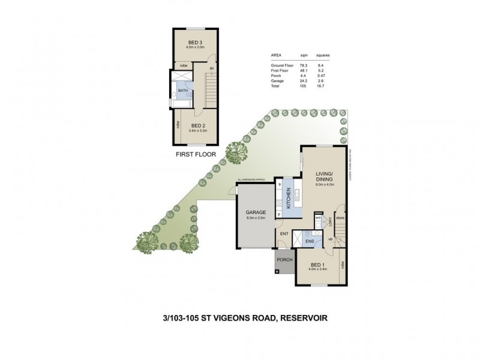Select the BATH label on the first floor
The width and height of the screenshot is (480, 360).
pyautogui.click(x=182, y=91)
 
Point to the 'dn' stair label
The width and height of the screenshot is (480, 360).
pyautogui.click(x=212, y=68)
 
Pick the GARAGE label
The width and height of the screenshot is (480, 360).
pyautogui.click(x=256, y=212)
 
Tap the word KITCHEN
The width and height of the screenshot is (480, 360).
pyautogui.click(x=289, y=197)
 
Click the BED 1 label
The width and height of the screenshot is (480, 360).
pyautogui.click(x=318, y=264)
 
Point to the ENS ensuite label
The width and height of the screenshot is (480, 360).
pyautogui.click(x=309, y=241)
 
